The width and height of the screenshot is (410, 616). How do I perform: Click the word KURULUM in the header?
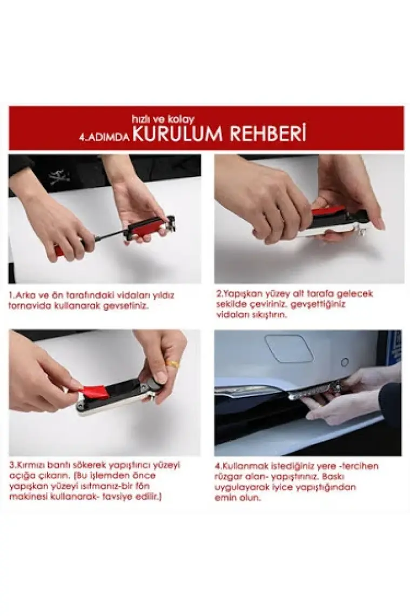[178, 133]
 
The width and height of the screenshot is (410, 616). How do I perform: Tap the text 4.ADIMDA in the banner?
[104, 137]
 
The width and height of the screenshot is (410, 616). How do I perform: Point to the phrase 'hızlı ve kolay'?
[163, 119]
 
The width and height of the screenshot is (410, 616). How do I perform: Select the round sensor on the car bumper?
[345, 361]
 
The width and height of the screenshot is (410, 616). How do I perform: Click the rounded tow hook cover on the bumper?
[289, 348]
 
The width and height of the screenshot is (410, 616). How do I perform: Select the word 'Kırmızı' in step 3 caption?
[32, 466]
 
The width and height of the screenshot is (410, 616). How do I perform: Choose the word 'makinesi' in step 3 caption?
[26, 497]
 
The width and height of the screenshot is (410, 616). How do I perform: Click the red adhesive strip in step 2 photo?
[327, 211]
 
